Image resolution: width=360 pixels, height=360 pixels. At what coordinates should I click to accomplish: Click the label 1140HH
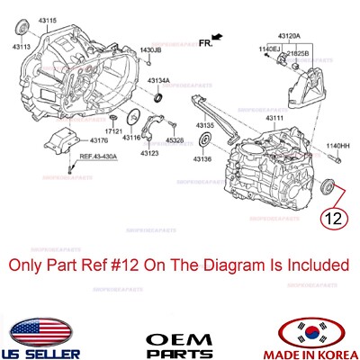point(338,146)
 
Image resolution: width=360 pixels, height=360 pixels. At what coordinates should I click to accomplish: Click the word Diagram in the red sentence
point(228,265)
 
